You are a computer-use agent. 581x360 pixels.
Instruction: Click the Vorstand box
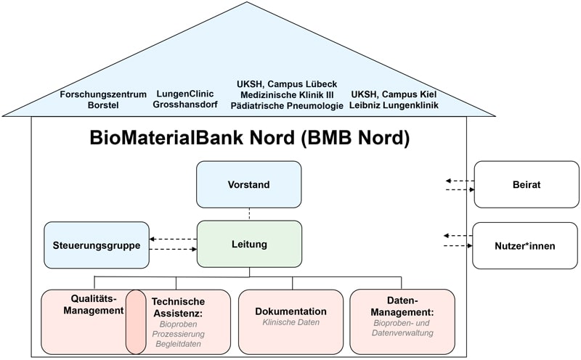(x=248, y=184)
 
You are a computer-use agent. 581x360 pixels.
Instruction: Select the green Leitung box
(x=248, y=245)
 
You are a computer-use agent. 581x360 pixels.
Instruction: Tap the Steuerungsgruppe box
(x=97, y=245)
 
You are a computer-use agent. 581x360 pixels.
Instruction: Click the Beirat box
(x=526, y=184)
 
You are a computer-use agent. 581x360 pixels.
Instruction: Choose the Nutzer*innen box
(x=526, y=245)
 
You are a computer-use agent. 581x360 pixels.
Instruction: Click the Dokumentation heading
(x=290, y=311)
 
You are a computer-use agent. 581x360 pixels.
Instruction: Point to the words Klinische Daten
(x=290, y=322)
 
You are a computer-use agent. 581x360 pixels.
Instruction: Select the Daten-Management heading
(x=402, y=306)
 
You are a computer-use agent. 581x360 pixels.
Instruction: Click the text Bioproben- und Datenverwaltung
(x=402, y=327)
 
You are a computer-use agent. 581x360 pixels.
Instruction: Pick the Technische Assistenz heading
(x=179, y=306)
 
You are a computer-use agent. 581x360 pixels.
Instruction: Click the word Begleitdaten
(x=179, y=345)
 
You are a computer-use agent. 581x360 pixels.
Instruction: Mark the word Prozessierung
(x=179, y=334)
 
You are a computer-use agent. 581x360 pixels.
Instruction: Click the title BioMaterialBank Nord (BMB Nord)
(x=249, y=138)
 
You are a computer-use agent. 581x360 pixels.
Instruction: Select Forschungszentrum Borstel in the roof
(x=102, y=99)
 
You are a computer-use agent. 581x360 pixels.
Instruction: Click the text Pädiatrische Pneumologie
(x=287, y=106)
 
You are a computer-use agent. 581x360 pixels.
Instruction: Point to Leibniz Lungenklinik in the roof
(x=394, y=106)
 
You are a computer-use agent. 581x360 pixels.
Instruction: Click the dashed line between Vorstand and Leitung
(x=249, y=213)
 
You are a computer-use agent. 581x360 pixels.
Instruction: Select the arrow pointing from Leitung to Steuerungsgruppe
(x=173, y=239)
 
